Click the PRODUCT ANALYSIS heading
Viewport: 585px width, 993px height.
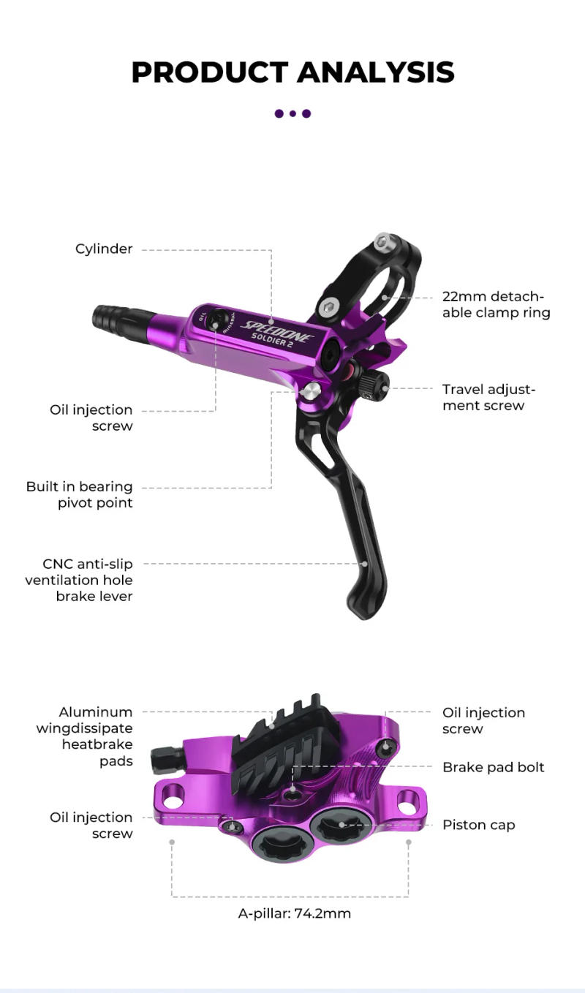(x=292, y=72)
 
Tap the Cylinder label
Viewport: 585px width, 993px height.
(x=104, y=249)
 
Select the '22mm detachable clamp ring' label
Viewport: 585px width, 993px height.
(x=495, y=305)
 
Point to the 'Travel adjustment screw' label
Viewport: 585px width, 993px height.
(x=488, y=397)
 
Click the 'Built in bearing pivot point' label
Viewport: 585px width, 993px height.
(x=80, y=494)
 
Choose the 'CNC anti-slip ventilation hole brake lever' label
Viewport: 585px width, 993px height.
(x=79, y=580)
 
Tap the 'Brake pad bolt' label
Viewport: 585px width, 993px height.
(x=493, y=767)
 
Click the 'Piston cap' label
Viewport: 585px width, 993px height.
(x=478, y=825)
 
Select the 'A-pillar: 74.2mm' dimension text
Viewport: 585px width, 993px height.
(x=295, y=913)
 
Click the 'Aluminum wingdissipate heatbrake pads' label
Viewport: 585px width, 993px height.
(x=85, y=736)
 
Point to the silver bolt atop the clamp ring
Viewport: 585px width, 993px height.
(x=382, y=242)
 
